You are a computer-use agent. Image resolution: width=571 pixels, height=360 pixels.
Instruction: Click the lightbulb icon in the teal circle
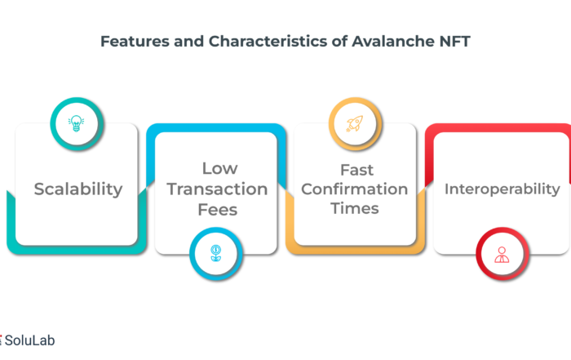coord(76,123)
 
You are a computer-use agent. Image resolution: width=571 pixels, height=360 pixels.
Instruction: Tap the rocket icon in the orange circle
coord(355,123)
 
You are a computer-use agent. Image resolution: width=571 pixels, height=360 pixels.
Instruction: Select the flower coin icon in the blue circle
coord(216,253)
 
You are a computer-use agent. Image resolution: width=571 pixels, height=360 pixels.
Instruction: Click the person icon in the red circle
coord(502,255)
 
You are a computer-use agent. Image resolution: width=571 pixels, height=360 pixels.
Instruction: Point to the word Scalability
coord(78,189)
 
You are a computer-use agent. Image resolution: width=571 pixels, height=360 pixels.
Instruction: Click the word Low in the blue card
coord(220,168)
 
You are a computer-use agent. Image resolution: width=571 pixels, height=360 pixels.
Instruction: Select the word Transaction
coord(217,189)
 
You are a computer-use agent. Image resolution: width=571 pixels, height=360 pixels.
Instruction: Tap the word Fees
coord(218,210)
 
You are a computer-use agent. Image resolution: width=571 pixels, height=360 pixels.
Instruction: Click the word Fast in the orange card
coord(357,170)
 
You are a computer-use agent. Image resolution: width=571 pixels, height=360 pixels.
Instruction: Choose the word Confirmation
coord(354,189)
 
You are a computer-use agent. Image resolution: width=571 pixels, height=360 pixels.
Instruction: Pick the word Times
coord(355,208)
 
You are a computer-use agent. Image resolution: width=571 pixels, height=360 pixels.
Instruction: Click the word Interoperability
coord(502,189)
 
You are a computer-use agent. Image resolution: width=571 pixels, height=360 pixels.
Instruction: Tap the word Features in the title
coord(135,41)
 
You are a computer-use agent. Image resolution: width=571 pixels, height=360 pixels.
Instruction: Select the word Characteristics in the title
coord(268,41)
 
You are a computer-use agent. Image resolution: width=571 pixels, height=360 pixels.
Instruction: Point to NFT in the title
coord(455,41)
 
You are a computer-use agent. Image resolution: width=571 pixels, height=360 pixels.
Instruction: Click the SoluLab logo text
coord(29,340)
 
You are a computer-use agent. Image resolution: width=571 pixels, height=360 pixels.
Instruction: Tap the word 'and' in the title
coord(188,41)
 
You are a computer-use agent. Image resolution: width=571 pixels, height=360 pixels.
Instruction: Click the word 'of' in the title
coord(339,41)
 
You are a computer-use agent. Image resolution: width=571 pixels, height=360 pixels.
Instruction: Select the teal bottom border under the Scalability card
coord(77,250)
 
